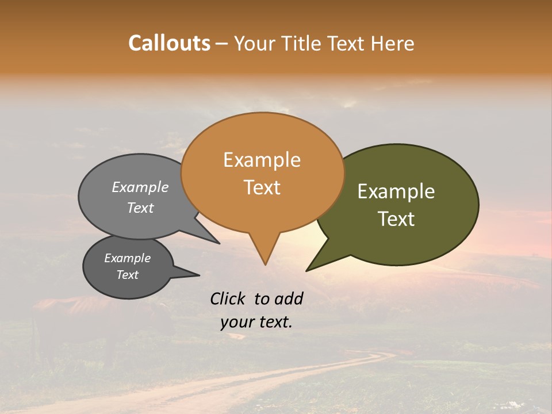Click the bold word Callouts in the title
click(x=169, y=43)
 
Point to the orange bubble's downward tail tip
click(x=265, y=264)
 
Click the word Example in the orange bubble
click(x=262, y=160)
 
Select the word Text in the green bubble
click(x=396, y=219)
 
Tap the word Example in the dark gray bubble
click(x=127, y=258)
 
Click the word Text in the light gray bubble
click(x=140, y=208)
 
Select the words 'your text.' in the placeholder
click(x=256, y=323)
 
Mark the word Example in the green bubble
click(x=396, y=191)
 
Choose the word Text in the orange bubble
click(x=262, y=187)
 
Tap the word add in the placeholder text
click(x=289, y=298)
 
